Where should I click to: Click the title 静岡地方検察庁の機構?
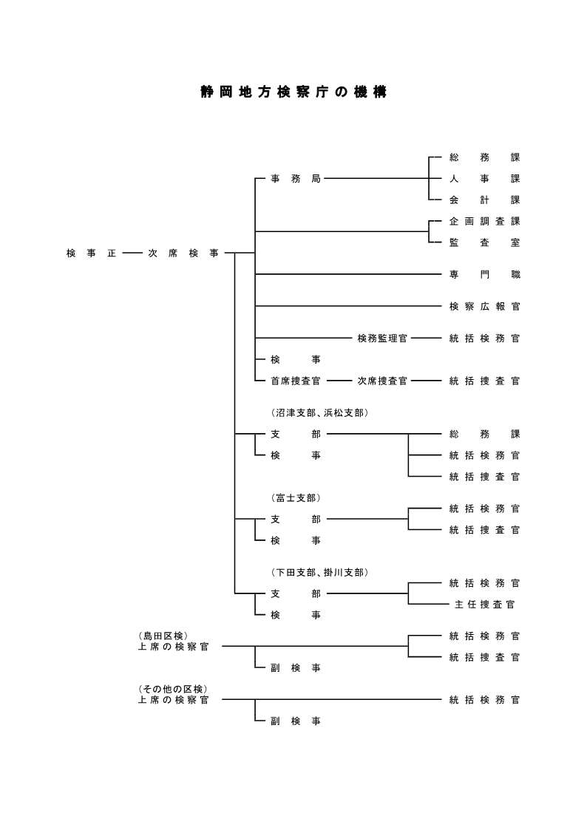click(x=293, y=92)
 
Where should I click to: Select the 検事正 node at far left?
click(x=91, y=254)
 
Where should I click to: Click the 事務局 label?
click(x=295, y=179)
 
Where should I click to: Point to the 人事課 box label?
click(x=484, y=179)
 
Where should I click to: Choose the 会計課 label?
click(x=484, y=200)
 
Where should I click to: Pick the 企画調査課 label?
click(x=484, y=221)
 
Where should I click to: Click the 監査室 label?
click(x=484, y=242)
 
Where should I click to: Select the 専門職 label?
click(x=484, y=274)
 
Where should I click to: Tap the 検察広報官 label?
click(x=484, y=306)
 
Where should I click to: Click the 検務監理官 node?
click(x=382, y=339)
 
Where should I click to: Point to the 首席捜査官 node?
click(x=296, y=381)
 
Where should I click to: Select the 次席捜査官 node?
click(x=382, y=381)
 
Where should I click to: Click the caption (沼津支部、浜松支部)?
click(x=319, y=412)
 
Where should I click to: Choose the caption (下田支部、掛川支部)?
click(x=319, y=572)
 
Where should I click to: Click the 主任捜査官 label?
click(x=484, y=605)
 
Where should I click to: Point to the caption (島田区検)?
click(x=163, y=636)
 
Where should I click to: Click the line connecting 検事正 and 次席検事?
click(x=132, y=254)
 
